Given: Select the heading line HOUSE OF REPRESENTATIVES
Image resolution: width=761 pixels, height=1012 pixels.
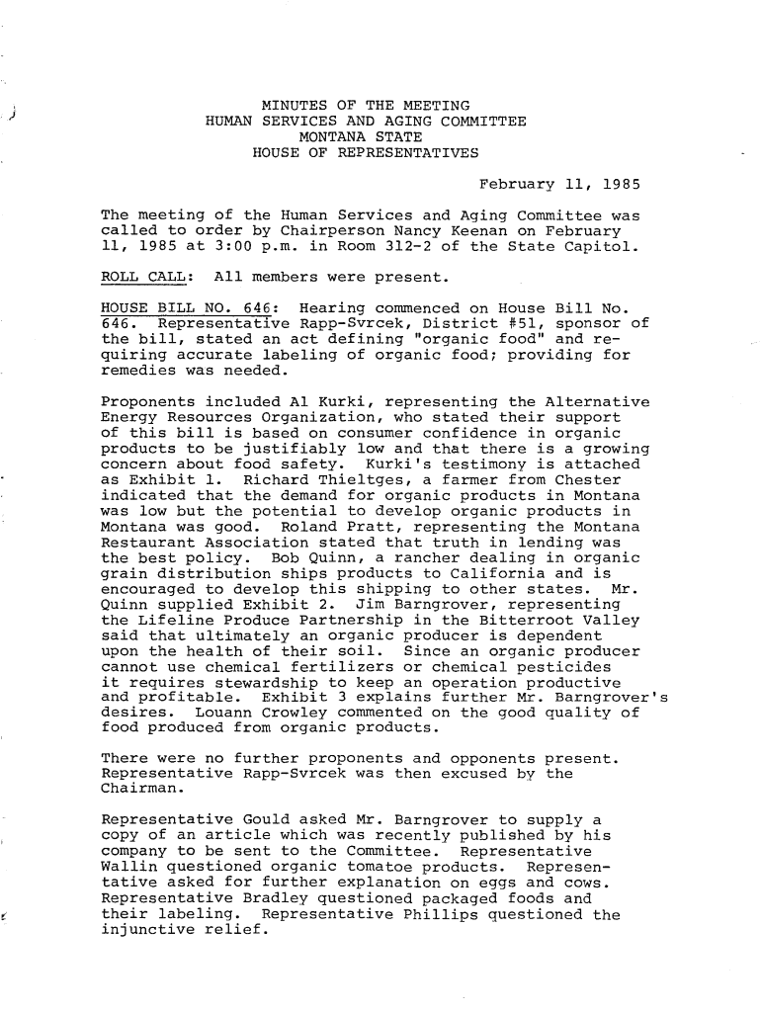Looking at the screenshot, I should [x=366, y=153].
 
